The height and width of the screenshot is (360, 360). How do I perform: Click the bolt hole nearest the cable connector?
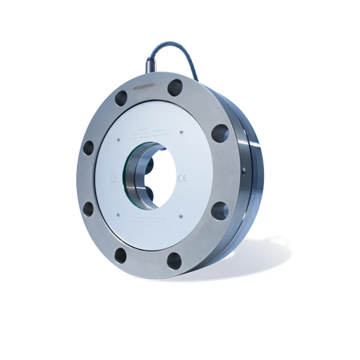[175, 87]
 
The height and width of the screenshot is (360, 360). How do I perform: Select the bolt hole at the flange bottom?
[174, 261]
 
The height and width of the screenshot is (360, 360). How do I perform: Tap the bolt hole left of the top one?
[121, 98]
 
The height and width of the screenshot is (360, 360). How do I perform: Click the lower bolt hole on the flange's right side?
[220, 211]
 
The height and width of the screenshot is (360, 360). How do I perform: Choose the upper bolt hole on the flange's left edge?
[89, 148]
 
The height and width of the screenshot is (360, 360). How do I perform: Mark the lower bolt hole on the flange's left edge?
[89, 208]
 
